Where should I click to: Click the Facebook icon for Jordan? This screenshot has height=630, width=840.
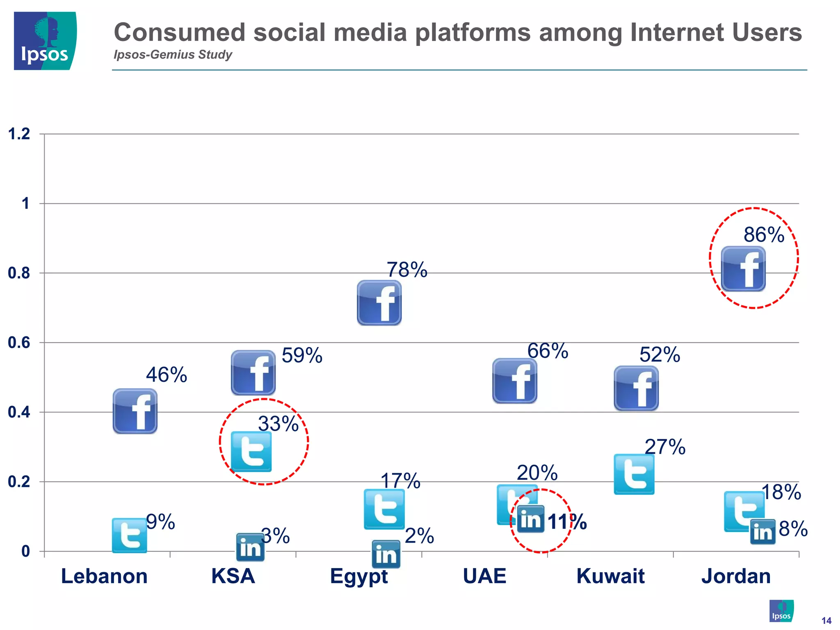(743, 269)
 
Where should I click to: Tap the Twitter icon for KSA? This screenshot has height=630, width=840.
(251, 451)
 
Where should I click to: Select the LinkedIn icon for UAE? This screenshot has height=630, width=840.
(531, 519)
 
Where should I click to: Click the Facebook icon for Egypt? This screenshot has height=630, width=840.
(379, 303)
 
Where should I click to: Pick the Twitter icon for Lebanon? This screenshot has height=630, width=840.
(130, 535)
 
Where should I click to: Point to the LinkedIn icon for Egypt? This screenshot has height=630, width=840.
(386, 554)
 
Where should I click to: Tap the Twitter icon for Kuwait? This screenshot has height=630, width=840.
(634, 474)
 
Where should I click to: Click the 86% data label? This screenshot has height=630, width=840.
(764, 235)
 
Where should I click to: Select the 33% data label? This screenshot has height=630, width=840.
(278, 424)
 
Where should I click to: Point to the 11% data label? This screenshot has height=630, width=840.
(567, 522)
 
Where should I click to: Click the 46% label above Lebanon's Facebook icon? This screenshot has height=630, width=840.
(167, 375)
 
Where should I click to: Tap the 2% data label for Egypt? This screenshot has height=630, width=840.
(419, 536)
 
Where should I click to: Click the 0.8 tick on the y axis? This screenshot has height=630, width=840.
(19, 273)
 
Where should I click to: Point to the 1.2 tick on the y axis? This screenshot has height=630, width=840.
(19, 134)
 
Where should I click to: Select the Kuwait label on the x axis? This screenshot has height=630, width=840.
(610, 576)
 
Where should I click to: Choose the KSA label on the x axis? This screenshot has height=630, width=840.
(233, 576)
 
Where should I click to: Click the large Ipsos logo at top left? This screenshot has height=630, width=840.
(45, 41)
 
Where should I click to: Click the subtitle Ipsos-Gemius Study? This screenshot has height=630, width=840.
(173, 55)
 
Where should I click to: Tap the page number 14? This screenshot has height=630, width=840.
(826, 621)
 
